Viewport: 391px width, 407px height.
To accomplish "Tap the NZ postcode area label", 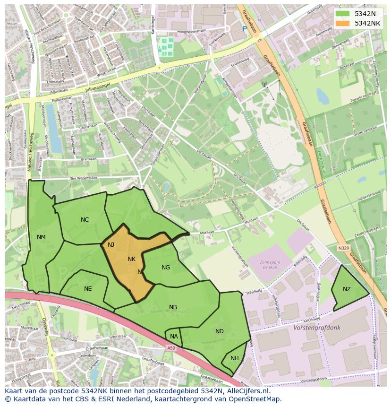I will tap(347, 289).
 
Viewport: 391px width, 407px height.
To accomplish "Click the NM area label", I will tap(41, 237).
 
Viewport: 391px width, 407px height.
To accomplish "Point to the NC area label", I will tap(85, 220).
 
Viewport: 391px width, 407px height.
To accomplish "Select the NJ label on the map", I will tap(111, 245).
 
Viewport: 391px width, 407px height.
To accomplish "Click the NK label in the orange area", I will tap(131, 259).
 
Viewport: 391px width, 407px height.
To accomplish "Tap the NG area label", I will tap(166, 268).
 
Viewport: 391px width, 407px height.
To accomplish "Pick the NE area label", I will tap(88, 289).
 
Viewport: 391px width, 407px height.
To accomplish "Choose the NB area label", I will tap(173, 307).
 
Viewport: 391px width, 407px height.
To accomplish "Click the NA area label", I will tap(174, 337).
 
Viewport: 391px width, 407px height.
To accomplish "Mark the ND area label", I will tap(220, 331).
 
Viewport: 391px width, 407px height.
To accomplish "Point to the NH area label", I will tap(235, 358).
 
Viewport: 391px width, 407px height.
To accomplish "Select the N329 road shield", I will tap(344, 248).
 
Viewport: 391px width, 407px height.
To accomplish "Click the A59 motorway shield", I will tap(171, 348).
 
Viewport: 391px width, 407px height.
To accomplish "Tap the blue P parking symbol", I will tap(245, 29).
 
